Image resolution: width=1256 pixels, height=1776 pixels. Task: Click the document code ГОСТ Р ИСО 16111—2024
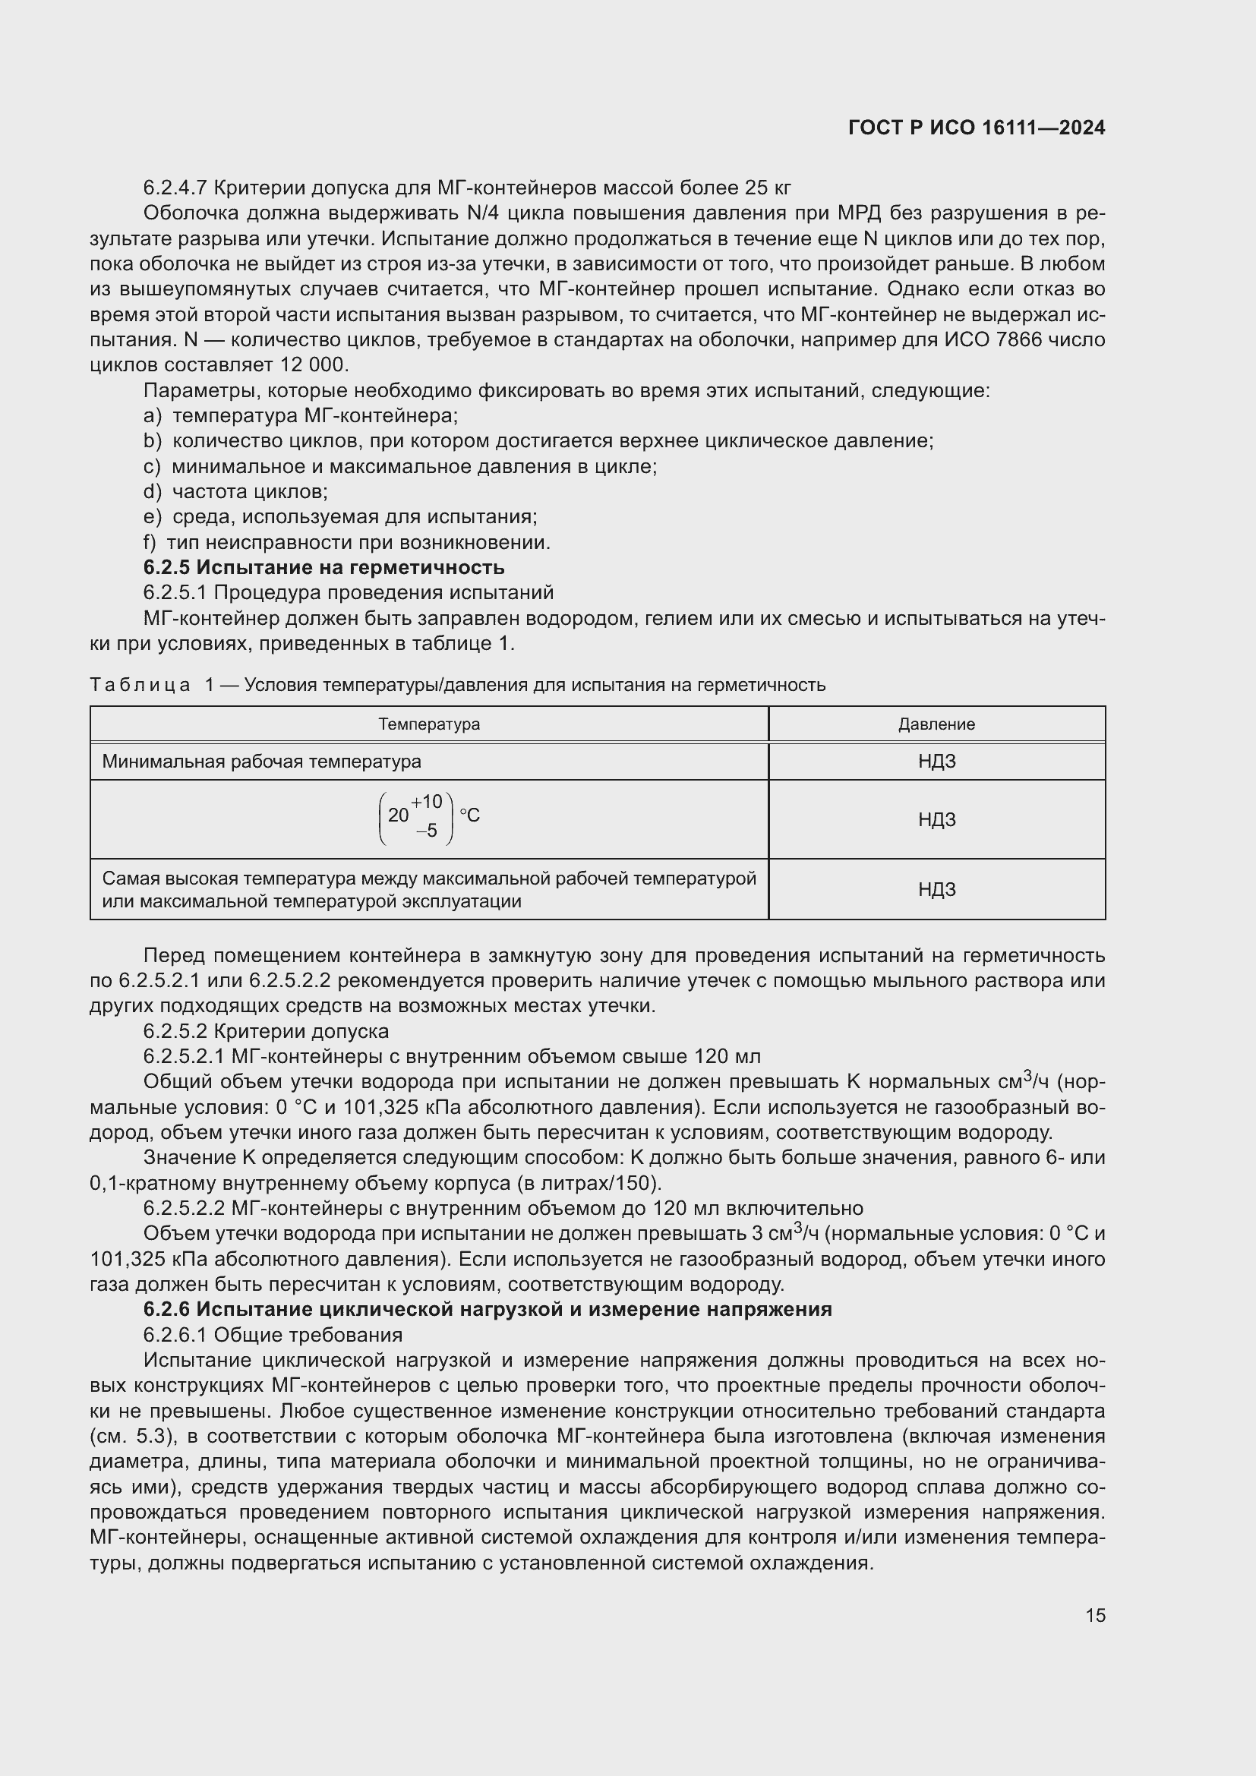tap(976, 128)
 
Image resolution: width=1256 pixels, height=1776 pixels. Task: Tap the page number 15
tap(1094, 1615)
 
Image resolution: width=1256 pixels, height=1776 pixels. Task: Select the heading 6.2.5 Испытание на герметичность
tap(323, 567)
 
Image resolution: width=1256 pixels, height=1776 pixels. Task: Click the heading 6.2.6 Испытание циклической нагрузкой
tap(488, 1309)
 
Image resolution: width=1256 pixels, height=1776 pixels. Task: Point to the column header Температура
tap(429, 724)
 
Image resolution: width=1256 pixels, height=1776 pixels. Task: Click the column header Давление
tap(936, 724)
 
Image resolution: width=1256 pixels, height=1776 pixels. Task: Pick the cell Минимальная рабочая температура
tap(261, 761)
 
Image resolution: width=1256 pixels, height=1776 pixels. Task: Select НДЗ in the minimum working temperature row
tap(936, 761)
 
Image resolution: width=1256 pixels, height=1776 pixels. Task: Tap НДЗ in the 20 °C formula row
tap(936, 819)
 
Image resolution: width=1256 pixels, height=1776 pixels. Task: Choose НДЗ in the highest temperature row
tap(936, 889)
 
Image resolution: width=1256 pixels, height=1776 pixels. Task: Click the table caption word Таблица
tap(140, 685)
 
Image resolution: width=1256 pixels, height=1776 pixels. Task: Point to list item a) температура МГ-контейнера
tap(301, 415)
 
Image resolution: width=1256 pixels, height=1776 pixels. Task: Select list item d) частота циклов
tap(236, 491)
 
